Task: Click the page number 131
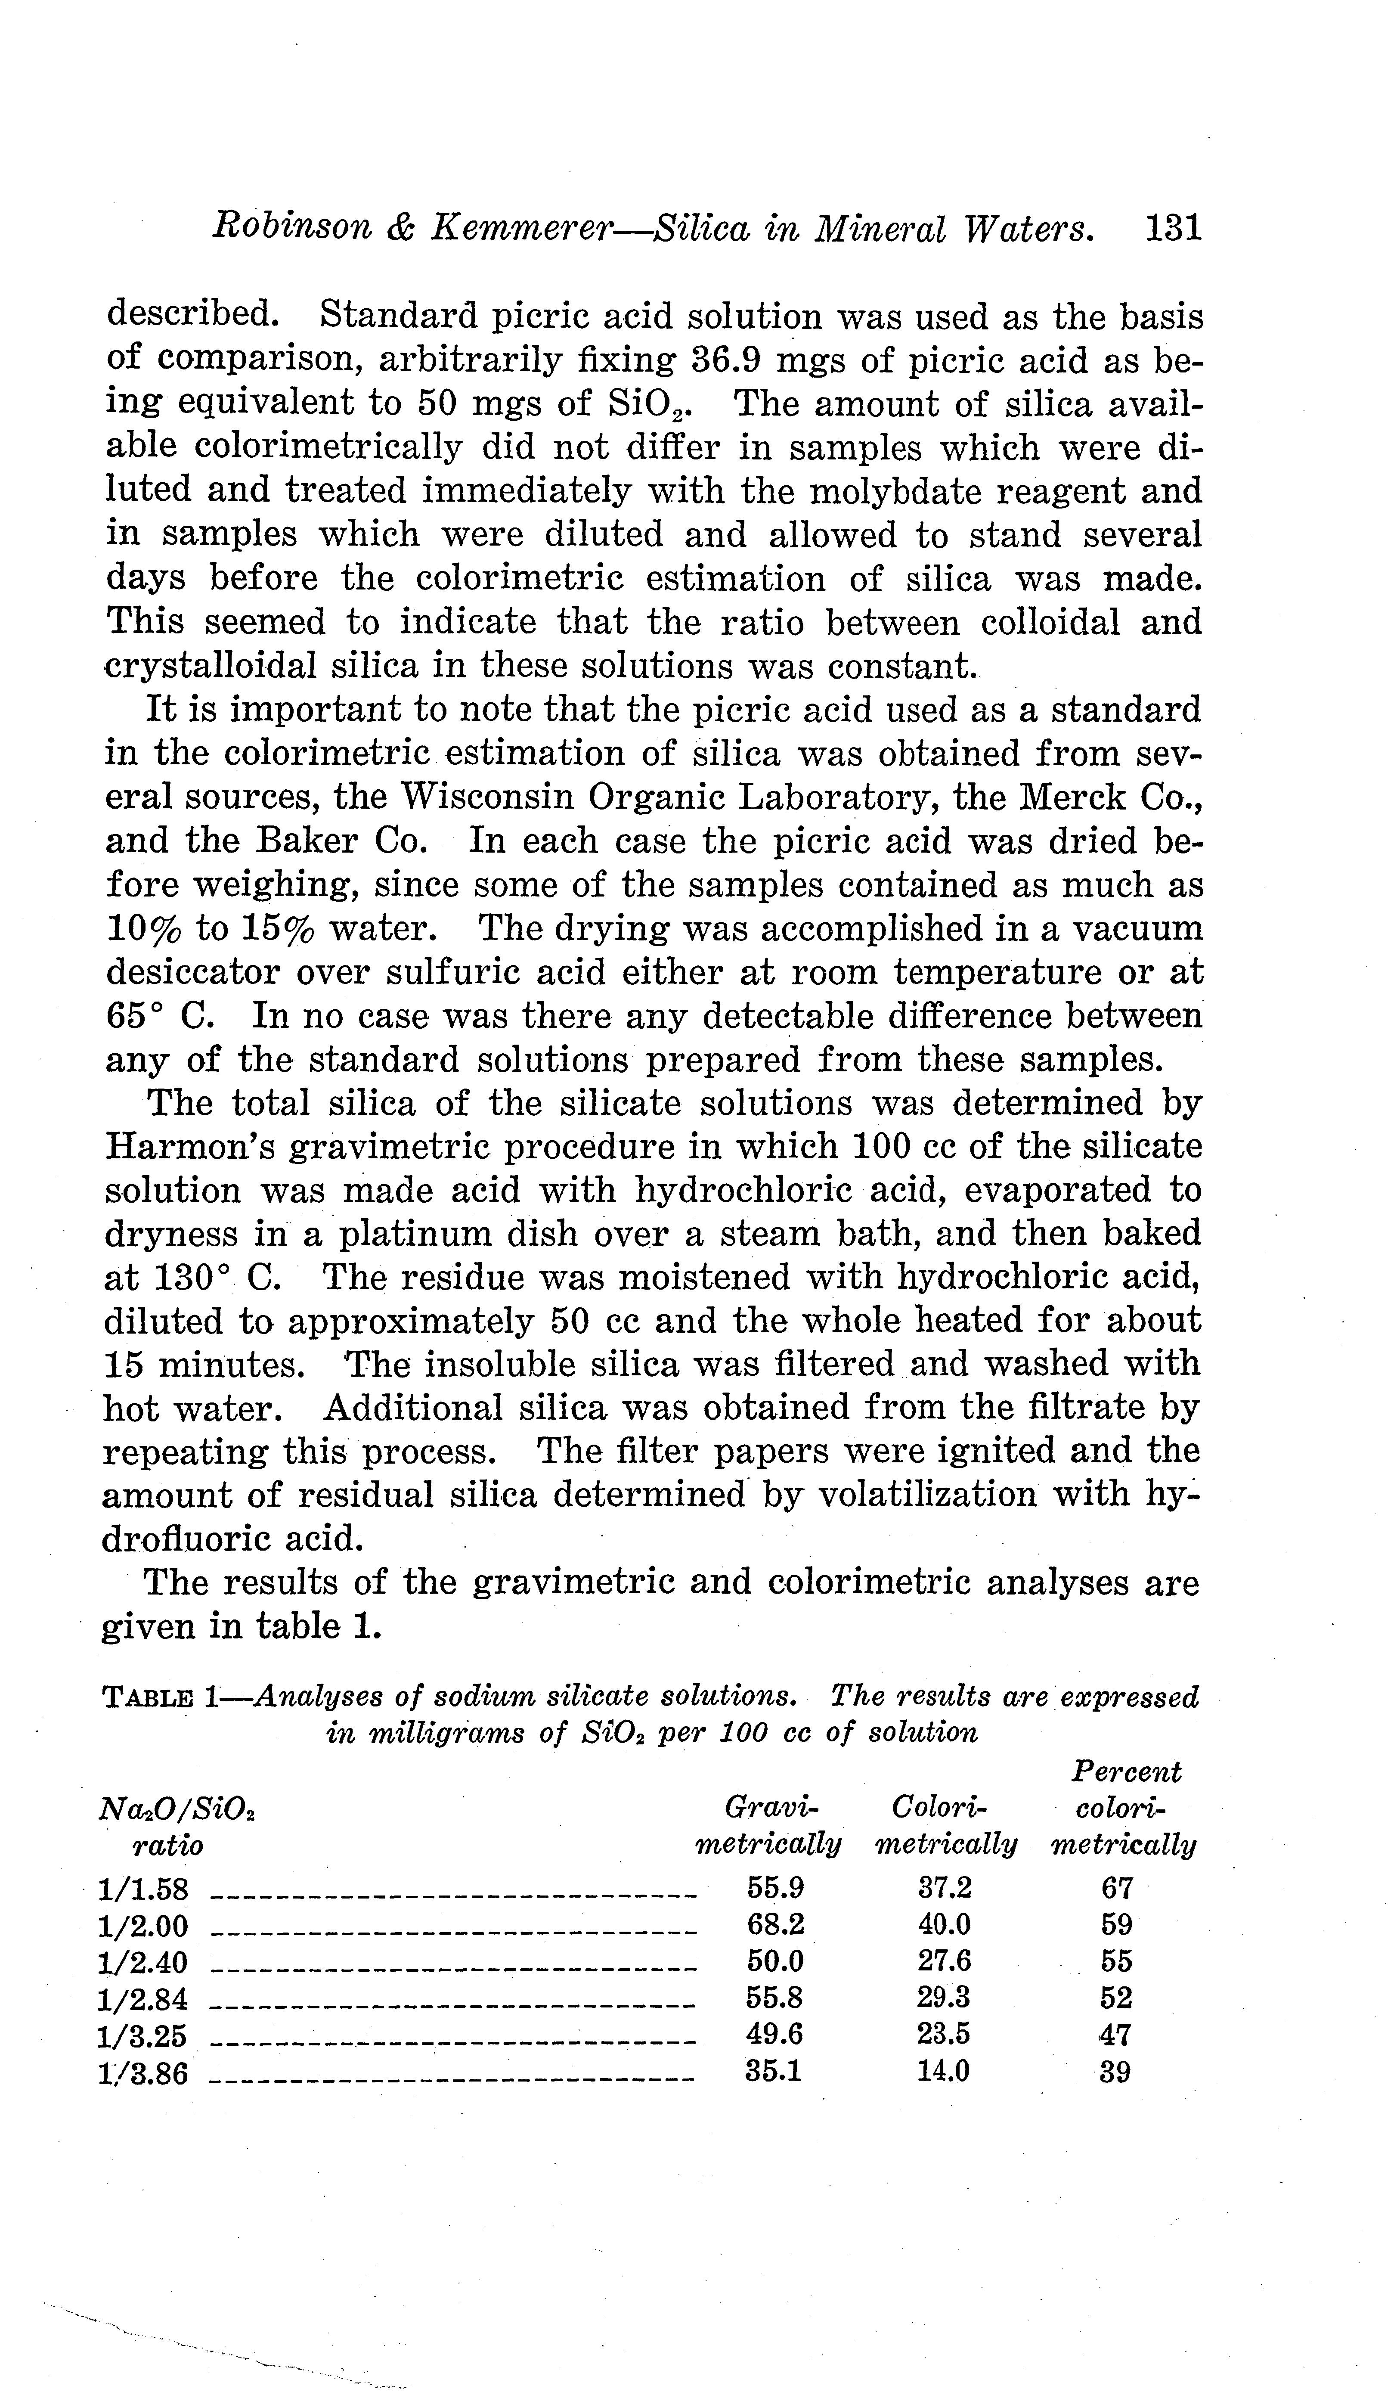pyautogui.click(x=1174, y=229)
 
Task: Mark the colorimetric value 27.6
pyautogui.click(x=945, y=1962)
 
